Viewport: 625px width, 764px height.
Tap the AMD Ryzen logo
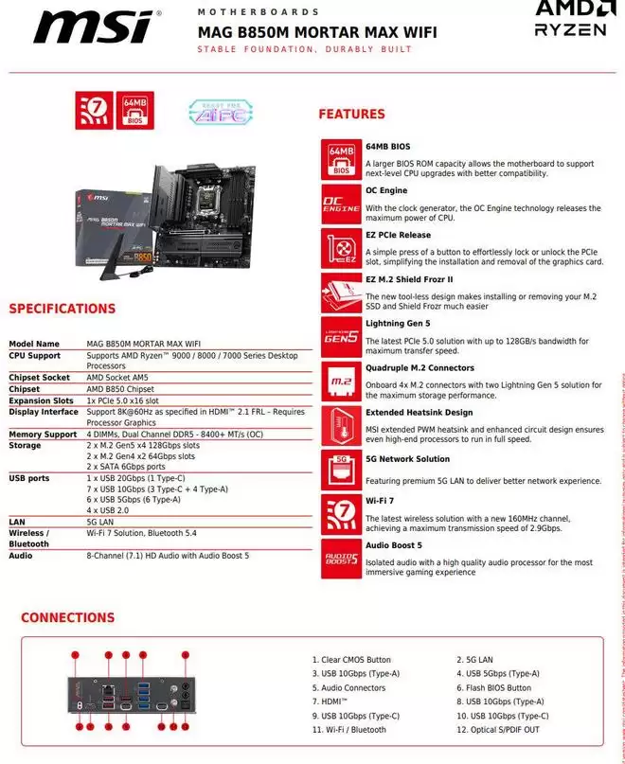(570, 19)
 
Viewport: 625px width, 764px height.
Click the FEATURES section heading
(351, 115)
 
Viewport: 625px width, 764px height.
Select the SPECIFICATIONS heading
(62, 309)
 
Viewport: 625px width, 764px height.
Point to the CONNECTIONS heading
(67, 618)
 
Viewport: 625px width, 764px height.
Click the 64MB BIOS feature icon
(342, 158)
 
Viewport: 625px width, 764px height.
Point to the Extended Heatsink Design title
(419, 413)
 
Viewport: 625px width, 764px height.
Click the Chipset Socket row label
(40, 378)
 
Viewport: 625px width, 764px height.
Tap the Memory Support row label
(44, 435)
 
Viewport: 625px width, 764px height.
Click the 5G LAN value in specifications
(101, 522)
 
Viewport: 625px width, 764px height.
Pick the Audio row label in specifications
(21, 556)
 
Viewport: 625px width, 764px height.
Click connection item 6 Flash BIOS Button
(499, 687)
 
